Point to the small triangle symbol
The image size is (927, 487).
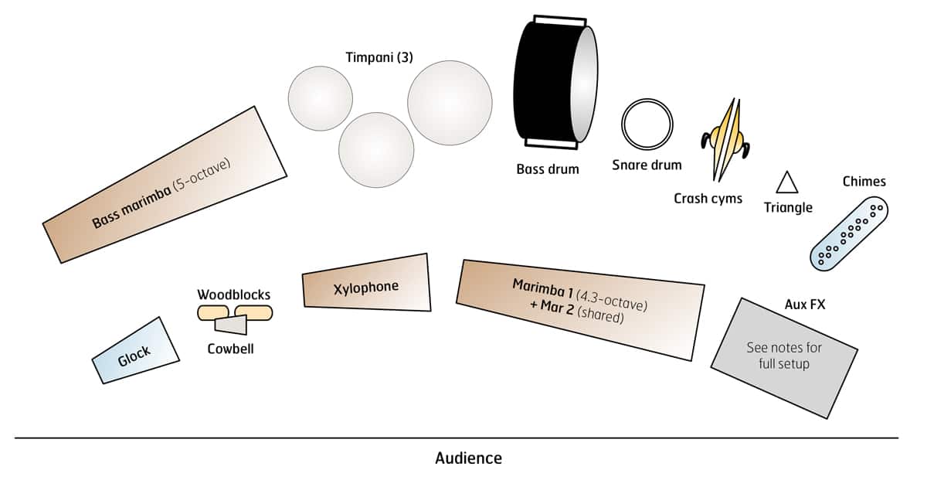tap(787, 183)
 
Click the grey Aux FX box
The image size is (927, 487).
tap(783, 357)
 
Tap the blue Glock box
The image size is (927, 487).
tap(136, 351)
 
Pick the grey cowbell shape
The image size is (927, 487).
tap(231, 325)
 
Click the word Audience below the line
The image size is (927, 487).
tap(468, 458)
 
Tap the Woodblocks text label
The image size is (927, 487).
tap(234, 295)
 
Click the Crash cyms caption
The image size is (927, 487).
tap(708, 199)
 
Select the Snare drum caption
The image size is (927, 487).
tap(647, 165)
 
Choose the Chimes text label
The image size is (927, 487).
tap(864, 182)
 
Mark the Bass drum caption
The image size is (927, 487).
tap(548, 169)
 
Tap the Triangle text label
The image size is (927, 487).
tap(788, 207)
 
